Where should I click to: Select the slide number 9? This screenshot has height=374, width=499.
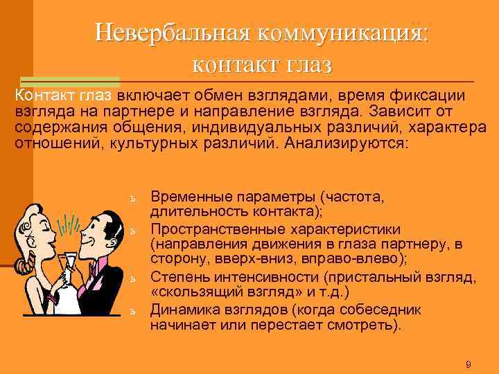[469, 364]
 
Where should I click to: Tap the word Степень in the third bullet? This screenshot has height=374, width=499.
[176, 278]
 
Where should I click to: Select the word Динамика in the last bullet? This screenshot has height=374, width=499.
[181, 310]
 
